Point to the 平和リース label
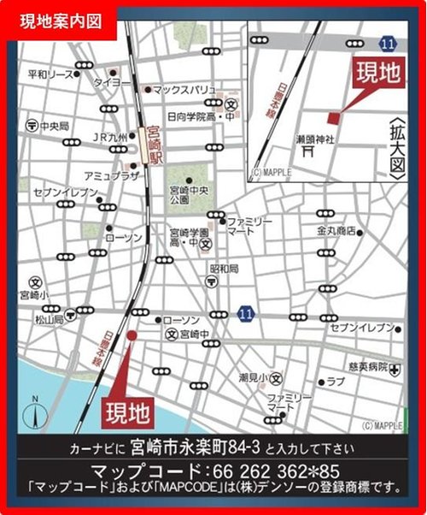(50, 74)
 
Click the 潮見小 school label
(254, 377)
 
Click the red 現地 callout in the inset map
(377, 74)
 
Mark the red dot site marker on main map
(132, 336)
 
